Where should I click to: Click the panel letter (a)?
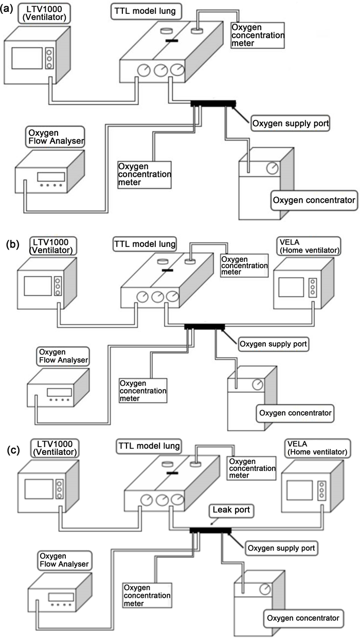point(8,9)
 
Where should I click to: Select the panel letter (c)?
point(12,450)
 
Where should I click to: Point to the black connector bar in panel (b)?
point(204,327)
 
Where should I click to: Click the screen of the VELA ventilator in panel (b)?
point(292,288)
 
